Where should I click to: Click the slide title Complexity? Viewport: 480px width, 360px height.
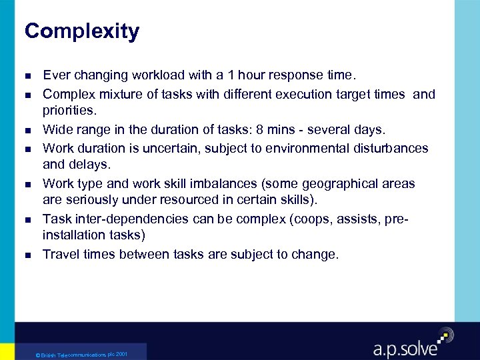click(81, 31)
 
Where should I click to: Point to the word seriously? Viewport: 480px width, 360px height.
click(91, 199)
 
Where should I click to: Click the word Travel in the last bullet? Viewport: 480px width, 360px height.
click(60, 254)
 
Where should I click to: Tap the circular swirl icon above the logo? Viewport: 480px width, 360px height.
click(445, 335)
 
